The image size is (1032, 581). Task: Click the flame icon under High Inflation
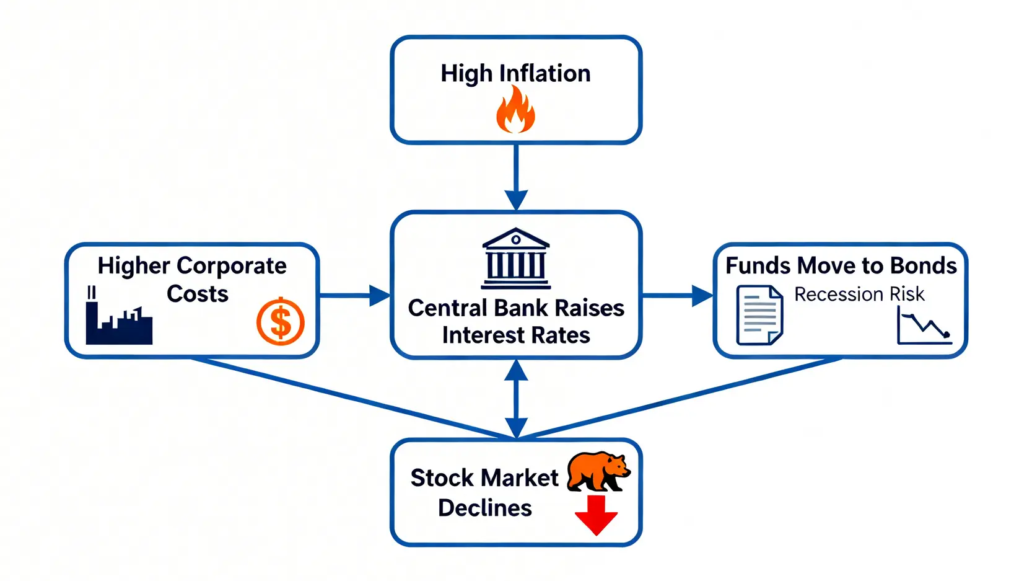pyautogui.click(x=515, y=110)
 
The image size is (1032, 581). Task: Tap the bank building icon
pyautogui.click(x=515, y=259)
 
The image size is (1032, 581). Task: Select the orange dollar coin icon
pyautogui.click(x=281, y=322)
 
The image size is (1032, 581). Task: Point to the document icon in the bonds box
pyautogui.click(x=759, y=314)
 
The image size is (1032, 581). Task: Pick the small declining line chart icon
pyautogui.click(x=924, y=326)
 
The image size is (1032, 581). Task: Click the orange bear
pyautogui.click(x=598, y=471)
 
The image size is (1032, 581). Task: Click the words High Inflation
pyautogui.click(x=515, y=73)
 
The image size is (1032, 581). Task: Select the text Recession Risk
pyautogui.click(x=859, y=294)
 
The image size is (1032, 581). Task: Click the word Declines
pyautogui.click(x=484, y=508)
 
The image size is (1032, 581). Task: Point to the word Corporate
pyautogui.click(x=231, y=266)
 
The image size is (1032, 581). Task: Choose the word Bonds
pyautogui.click(x=923, y=265)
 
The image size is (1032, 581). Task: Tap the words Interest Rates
pyautogui.click(x=515, y=335)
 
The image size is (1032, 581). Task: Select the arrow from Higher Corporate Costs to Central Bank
pyautogui.click(x=353, y=296)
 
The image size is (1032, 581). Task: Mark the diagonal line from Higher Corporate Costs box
pyautogui.click(x=353, y=399)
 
